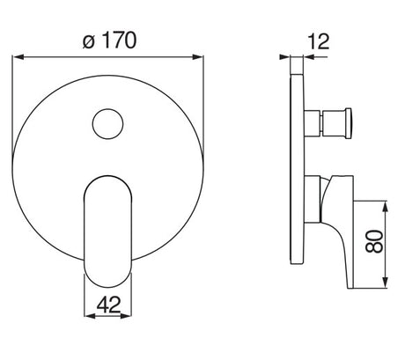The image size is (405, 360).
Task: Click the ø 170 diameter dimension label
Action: tap(110, 40)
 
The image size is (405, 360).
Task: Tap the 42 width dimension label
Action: tap(108, 305)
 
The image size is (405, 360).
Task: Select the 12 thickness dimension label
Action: tap(319, 41)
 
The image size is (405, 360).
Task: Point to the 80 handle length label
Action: tap(374, 241)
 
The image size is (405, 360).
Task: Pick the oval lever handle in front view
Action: tap(107, 231)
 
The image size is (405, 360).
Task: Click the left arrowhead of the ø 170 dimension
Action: tap(18, 57)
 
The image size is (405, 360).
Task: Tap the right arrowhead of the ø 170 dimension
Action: tap(197, 57)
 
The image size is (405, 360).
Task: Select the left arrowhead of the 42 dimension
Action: tap(90, 316)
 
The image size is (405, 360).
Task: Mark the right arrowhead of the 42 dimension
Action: tap(126, 316)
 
